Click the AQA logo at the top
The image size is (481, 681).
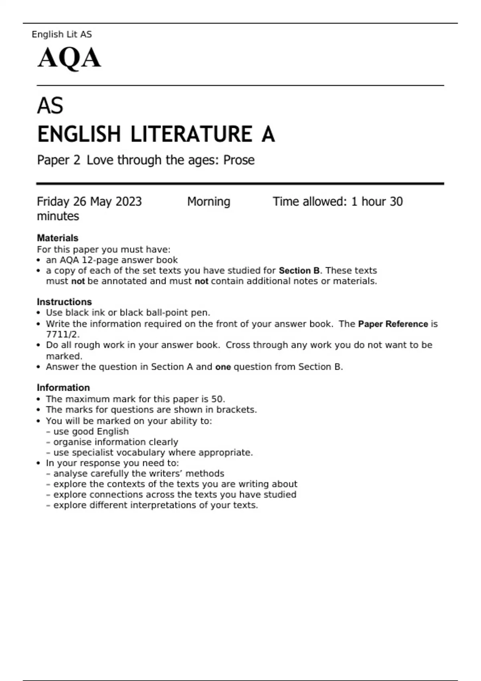(69, 58)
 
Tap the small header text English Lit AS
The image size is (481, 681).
(62, 34)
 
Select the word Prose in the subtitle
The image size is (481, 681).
(239, 160)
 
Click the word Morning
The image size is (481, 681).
(208, 201)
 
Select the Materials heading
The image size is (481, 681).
(57, 238)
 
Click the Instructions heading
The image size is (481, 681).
(64, 302)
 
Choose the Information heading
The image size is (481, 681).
(63, 388)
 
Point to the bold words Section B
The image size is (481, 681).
(299, 271)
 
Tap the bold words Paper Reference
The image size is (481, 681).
(393, 324)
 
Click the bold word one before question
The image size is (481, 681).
(223, 367)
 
